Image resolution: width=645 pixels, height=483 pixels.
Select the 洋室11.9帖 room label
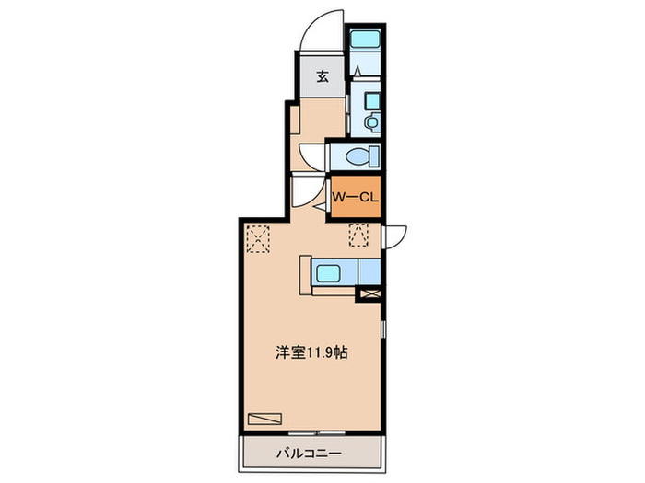311,351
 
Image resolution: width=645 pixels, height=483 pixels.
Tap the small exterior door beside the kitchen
393,236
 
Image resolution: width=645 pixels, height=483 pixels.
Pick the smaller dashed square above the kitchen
358,236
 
